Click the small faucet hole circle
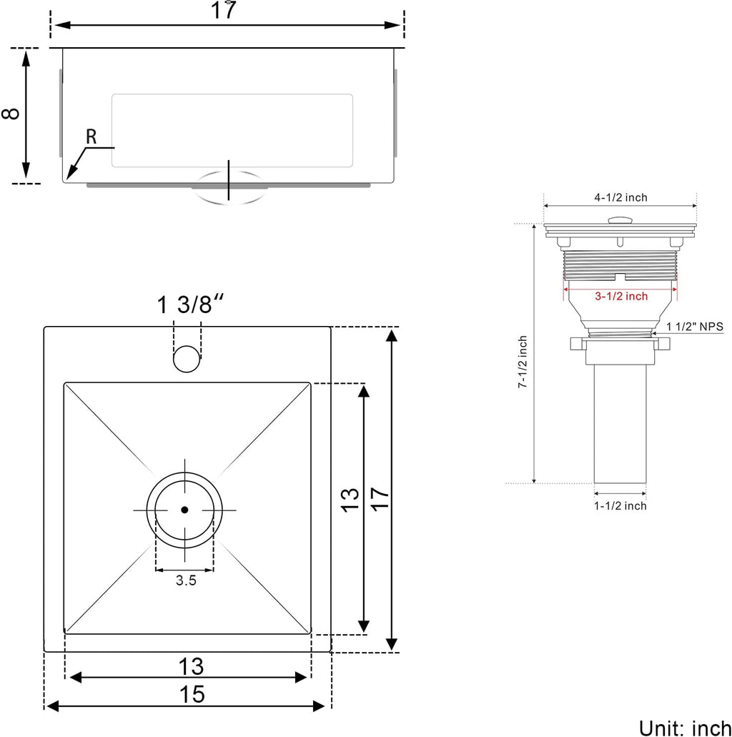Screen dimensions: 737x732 tap(187, 358)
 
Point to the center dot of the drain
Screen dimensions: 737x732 tap(184, 510)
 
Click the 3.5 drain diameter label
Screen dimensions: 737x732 tap(186, 581)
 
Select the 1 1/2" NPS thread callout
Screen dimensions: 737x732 tap(695, 326)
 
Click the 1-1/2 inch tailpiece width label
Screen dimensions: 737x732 tap(620, 506)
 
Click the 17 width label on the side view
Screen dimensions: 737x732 tap(226, 11)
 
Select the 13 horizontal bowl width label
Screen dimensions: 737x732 tap(191, 666)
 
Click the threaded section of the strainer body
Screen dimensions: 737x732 tap(619, 264)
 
